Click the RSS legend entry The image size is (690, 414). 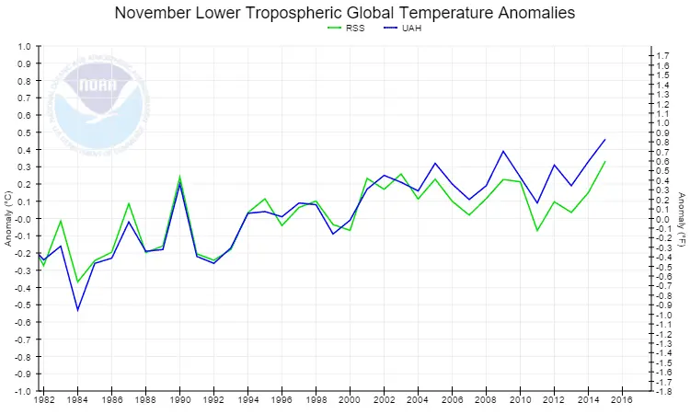tap(348, 29)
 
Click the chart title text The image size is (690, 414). tap(345, 13)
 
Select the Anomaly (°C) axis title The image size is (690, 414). tap(7, 219)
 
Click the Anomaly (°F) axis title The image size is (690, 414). tap(682, 219)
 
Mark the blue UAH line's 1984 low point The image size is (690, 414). tap(77, 310)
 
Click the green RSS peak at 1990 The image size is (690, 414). tap(179, 177)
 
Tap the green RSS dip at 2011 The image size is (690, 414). tap(537, 230)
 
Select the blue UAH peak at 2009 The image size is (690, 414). tap(503, 151)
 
